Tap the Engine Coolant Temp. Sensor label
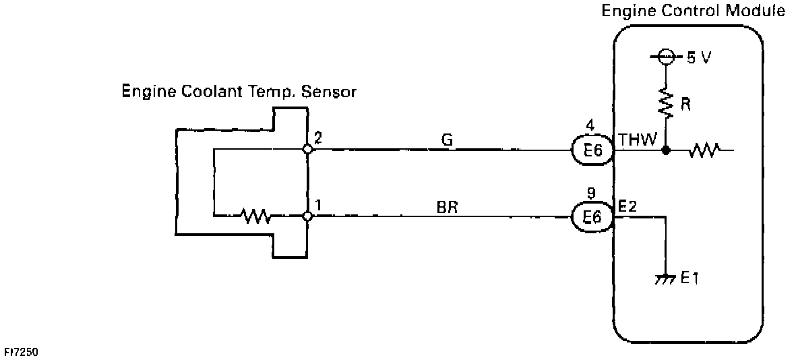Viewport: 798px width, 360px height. [x=238, y=92]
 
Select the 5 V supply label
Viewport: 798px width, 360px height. [x=698, y=58]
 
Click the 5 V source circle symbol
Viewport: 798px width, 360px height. [x=666, y=58]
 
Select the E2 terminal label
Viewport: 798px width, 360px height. [x=628, y=206]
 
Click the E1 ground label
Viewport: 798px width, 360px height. [x=689, y=278]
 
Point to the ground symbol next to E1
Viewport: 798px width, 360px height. [x=666, y=277]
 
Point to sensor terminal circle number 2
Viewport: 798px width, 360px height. [x=307, y=150]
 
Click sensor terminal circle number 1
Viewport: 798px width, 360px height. [x=307, y=216]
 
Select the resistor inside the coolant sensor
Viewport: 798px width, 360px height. [x=255, y=216]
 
